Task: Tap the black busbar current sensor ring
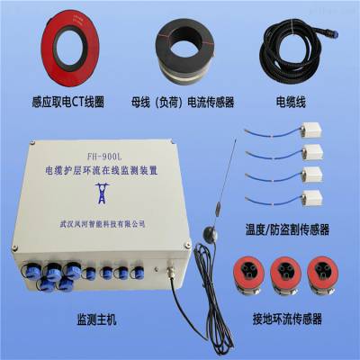[x=162, y=51]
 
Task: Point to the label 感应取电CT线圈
[x=67, y=102]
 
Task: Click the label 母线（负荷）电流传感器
[x=182, y=102]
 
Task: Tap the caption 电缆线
[x=291, y=102]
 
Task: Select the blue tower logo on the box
[x=103, y=193]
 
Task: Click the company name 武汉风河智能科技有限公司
[x=103, y=224]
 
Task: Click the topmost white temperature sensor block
[x=311, y=130]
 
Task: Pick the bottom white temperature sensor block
[x=312, y=198]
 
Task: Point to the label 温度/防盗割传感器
[x=287, y=229]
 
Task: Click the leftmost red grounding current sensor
[x=248, y=274]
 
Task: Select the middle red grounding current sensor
[x=285, y=275]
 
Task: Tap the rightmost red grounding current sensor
[x=323, y=275]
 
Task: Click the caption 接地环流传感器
[x=287, y=319]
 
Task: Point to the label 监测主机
[x=96, y=319]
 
